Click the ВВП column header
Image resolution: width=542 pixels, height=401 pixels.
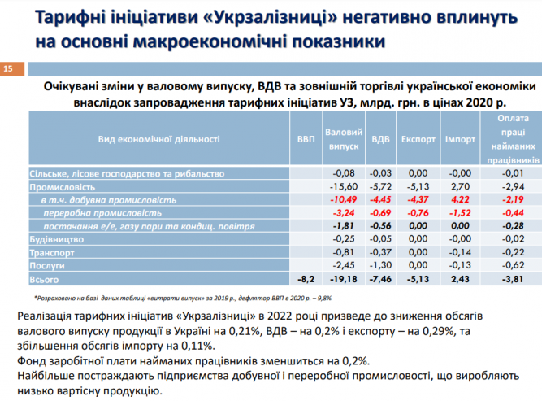pos(303,139)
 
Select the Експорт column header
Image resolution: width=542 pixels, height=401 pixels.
pos(418,139)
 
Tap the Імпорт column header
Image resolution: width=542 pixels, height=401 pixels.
pos(460,139)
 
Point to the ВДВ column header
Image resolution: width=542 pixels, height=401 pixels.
pos(379,139)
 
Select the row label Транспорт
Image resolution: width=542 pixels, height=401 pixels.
pos(55,251)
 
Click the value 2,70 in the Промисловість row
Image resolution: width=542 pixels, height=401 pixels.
pos(462,186)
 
